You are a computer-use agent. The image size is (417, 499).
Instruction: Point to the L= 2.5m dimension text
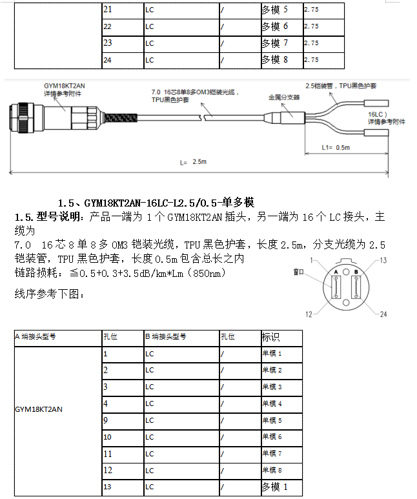coord(194,162)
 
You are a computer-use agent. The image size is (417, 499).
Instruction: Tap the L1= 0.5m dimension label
coord(336,147)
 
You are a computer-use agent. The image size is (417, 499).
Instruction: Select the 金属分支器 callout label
coord(285,97)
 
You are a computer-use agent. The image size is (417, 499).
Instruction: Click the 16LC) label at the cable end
coord(378,113)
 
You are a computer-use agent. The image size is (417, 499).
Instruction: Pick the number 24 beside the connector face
coord(383,314)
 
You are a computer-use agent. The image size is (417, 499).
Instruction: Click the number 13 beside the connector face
coord(383,260)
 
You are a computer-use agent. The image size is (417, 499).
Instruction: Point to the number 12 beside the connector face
coord(309,314)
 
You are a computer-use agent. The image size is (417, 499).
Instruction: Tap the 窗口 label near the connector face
coord(298,272)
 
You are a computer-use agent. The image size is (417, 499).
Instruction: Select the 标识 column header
coord(270,337)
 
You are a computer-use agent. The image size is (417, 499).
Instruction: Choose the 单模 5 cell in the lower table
coord(272,420)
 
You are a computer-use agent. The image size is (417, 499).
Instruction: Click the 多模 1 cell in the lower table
coord(274,487)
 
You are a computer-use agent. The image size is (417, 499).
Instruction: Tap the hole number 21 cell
coord(108,10)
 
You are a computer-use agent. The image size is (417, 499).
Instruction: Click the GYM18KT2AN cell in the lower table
coord(39,409)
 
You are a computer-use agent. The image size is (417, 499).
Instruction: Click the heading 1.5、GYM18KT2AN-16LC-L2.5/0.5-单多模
coord(159,202)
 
